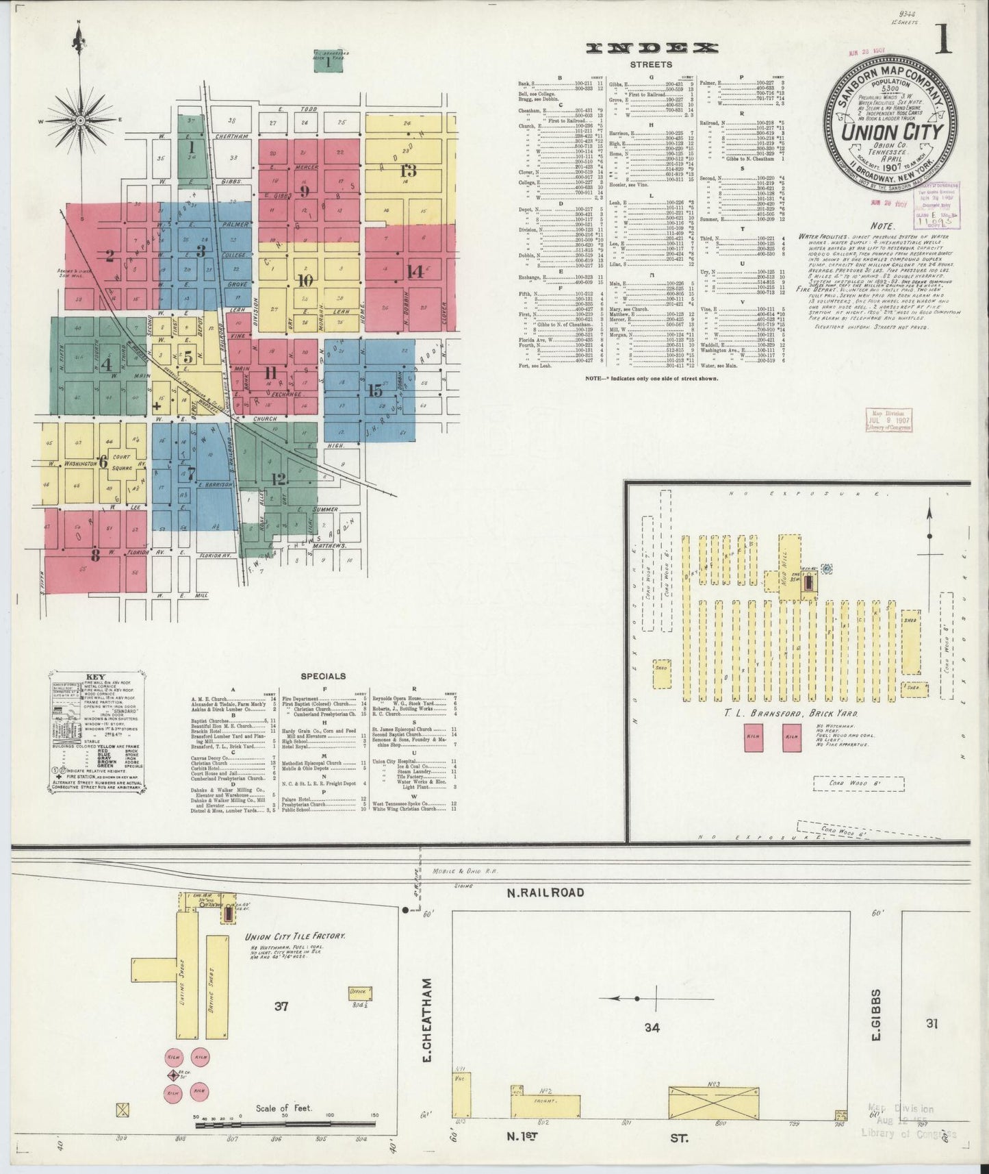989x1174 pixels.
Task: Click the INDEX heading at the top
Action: click(x=652, y=47)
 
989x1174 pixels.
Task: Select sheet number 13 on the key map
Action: click(x=409, y=170)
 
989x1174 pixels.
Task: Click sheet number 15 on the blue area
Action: click(x=374, y=390)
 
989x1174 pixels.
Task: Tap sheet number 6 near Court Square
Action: click(x=103, y=462)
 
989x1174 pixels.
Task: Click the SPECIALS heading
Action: click(x=323, y=676)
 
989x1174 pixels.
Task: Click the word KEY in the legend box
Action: click(x=95, y=678)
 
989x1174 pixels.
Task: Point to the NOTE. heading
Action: click(x=882, y=225)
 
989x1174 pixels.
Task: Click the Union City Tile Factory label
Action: click(x=295, y=936)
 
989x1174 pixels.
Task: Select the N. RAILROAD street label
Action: click(x=545, y=892)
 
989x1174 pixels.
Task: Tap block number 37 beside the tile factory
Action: click(x=281, y=1006)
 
